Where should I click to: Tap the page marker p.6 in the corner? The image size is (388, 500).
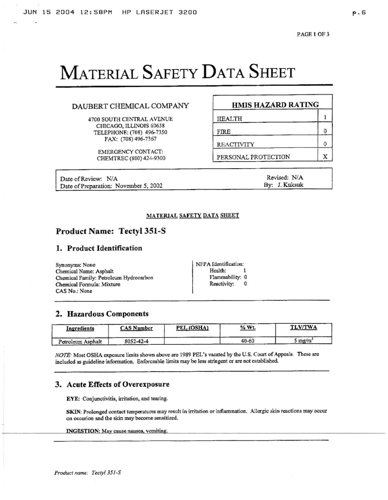[359, 12]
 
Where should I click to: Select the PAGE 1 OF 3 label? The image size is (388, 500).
[313, 34]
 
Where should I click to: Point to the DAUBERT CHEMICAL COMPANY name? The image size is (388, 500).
[130, 106]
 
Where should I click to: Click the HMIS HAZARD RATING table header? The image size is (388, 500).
[275, 105]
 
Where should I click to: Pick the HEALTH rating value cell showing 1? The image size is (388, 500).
[325, 117]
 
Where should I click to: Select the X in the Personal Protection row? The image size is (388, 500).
[325, 157]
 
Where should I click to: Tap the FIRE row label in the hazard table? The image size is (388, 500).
[224, 132]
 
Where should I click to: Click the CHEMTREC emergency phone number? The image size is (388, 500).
[147, 158]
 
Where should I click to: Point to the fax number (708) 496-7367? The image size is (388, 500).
[138, 139]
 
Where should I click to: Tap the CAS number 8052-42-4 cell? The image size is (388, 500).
[136, 341]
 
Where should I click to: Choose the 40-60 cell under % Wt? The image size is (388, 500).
[248, 341]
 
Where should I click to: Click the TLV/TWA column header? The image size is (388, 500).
[303, 327]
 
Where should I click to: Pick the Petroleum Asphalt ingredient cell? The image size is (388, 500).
[80, 341]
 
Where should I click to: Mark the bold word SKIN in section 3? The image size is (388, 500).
[73, 411]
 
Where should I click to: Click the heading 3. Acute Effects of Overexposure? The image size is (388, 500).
[112, 384]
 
